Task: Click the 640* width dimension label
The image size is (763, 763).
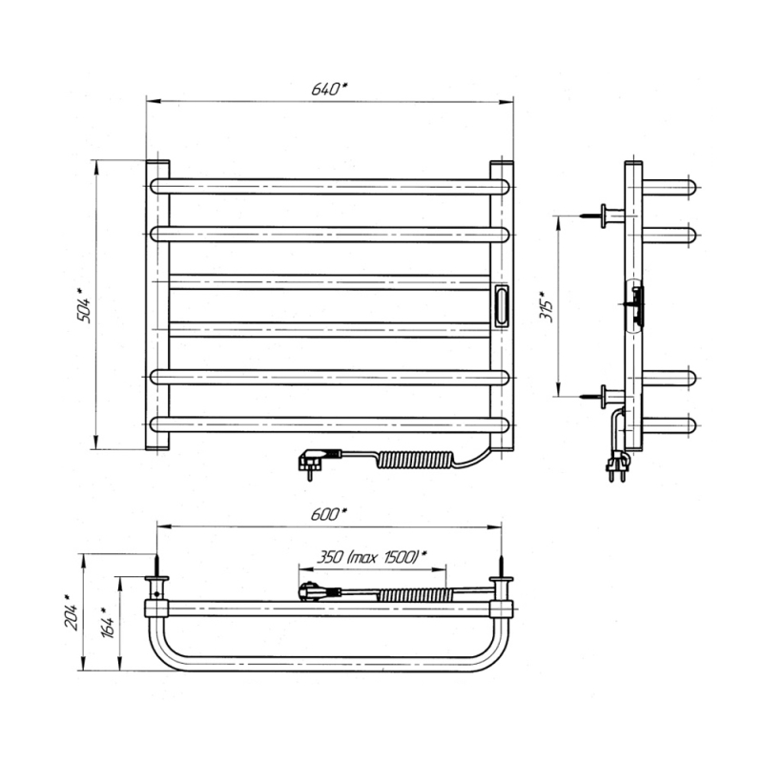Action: [x=329, y=89]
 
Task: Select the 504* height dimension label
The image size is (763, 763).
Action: [x=83, y=305]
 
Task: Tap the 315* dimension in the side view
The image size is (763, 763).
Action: [x=546, y=306]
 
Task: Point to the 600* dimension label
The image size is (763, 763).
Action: [x=329, y=514]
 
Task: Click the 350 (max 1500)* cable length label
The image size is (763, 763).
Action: [x=372, y=556]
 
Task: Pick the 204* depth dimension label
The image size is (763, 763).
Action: [x=71, y=611]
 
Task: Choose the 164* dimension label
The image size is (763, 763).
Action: [x=107, y=622]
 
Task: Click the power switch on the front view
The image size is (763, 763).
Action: [x=502, y=305]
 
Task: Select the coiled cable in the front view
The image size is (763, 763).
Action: [x=415, y=460]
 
